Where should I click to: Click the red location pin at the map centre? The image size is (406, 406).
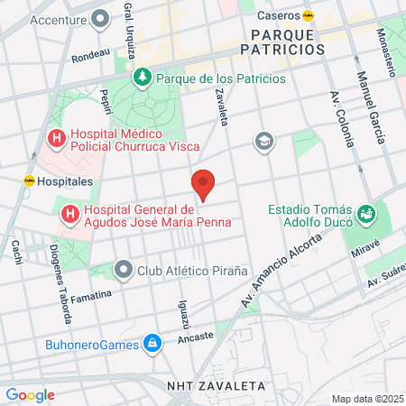pos(204,184)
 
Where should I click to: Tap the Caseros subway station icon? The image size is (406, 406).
pos(309,14)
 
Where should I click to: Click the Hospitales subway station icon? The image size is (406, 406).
pos(29,180)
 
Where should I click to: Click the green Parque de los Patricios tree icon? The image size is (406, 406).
pos(142,78)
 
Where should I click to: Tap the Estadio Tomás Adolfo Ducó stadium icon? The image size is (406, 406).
pos(365,214)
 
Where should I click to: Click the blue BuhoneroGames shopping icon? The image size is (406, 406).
pos(152,344)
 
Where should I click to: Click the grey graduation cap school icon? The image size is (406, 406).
pos(263,140)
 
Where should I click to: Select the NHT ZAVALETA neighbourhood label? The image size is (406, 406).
pos(217,385)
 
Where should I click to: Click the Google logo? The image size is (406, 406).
pos(30,394)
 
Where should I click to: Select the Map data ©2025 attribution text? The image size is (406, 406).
pos(366,399)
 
